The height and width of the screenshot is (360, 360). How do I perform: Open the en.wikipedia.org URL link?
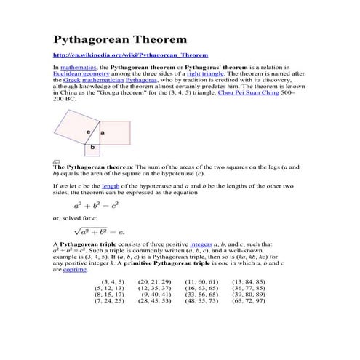coord(130,55)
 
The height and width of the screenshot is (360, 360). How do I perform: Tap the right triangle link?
coord(204,73)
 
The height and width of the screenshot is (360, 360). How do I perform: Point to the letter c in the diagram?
coord(88,132)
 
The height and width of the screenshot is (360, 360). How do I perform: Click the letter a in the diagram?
coord(102,132)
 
